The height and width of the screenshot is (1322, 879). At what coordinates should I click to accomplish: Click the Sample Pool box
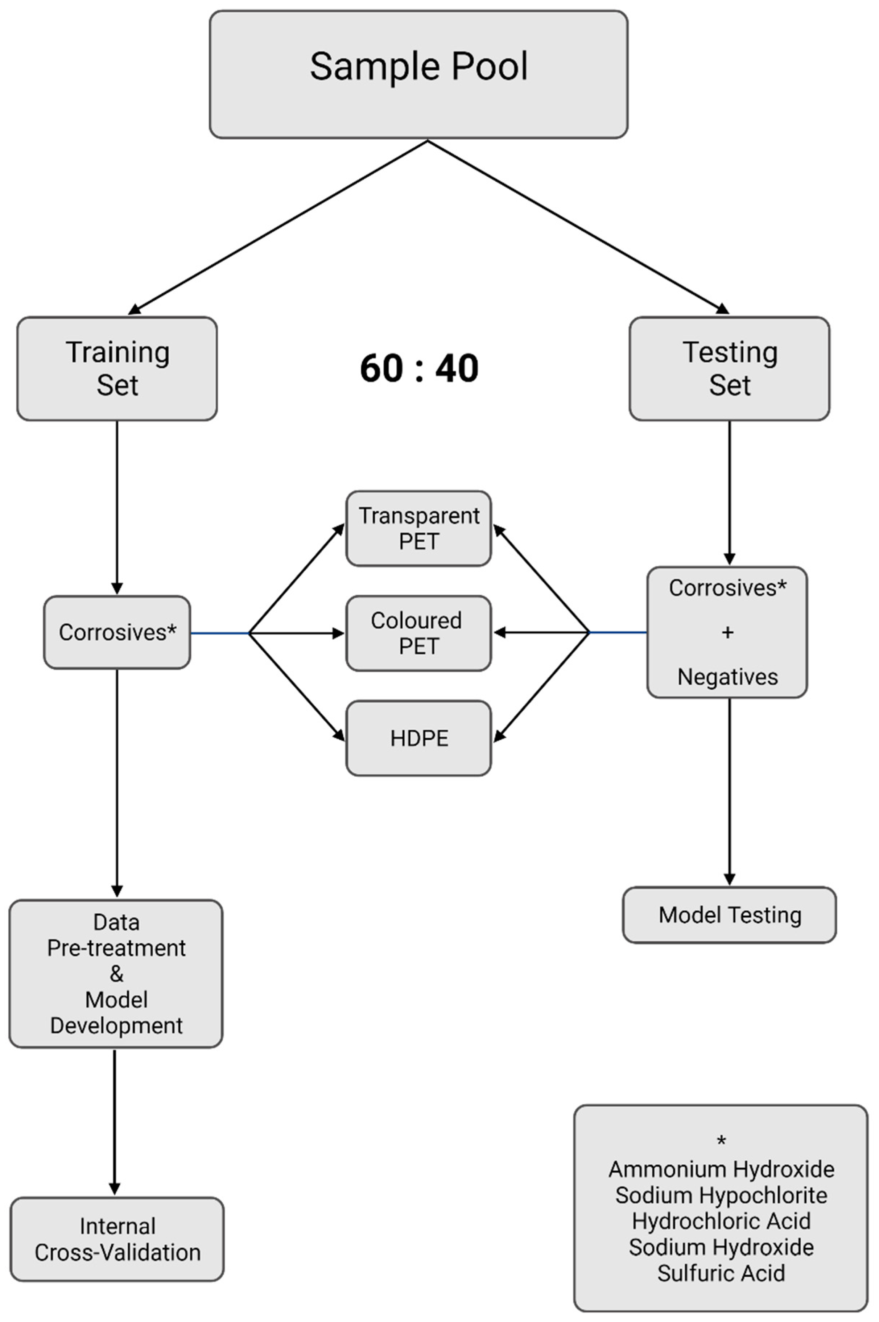point(418,74)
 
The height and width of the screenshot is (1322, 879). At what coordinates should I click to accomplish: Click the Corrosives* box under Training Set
point(117,632)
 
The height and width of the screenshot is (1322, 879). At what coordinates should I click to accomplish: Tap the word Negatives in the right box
point(728,677)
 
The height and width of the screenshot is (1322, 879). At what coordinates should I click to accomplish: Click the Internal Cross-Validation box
point(117,1239)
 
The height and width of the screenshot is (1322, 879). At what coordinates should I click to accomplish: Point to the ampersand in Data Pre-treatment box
point(116,974)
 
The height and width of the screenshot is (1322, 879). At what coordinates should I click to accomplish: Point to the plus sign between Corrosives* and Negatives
point(728,632)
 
